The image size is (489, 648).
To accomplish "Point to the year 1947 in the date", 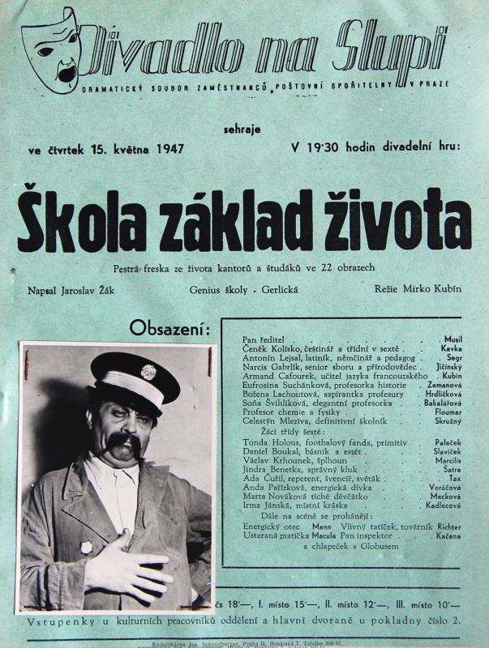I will pyautogui.click(x=169, y=148).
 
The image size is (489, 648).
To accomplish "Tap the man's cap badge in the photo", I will pyautogui.click(x=148, y=372).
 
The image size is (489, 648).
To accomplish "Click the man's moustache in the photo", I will pyautogui.click(x=121, y=443).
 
